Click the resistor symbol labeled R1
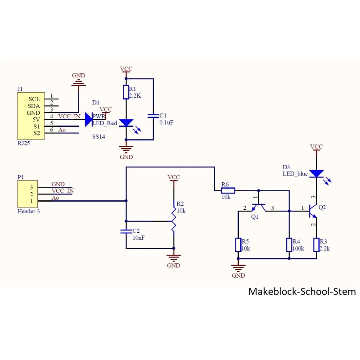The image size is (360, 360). pyautogui.click(x=126, y=92)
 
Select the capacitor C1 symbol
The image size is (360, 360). pyautogui.click(x=153, y=116)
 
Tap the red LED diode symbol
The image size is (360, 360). pyautogui.click(x=126, y=122)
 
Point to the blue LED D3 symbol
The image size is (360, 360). pyautogui.click(x=317, y=174)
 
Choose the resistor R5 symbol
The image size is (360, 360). pyautogui.click(x=238, y=245)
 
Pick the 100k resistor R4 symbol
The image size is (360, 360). pyautogui.click(x=289, y=245)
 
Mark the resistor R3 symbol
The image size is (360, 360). pyautogui.click(x=317, y=245)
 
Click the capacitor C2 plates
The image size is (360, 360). pyautogui.click(x=126, y=231)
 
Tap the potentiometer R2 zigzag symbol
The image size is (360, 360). pyautogui.click(x=174, y=220)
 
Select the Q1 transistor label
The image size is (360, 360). pyautogui.click(x=255, y=217)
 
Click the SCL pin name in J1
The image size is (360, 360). pyautogui.click(x=34, y=99)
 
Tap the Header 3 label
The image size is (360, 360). pyautogui.click(x=28, y=211)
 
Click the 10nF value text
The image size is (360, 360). pyautogui.click(x=139, y=238)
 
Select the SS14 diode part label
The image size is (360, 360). pyautogui.click(x=99, y=136)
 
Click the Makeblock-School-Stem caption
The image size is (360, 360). pyautogui.click(x=301, y=292)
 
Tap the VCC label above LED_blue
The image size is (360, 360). pyautogui.click(x=316, y=147)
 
